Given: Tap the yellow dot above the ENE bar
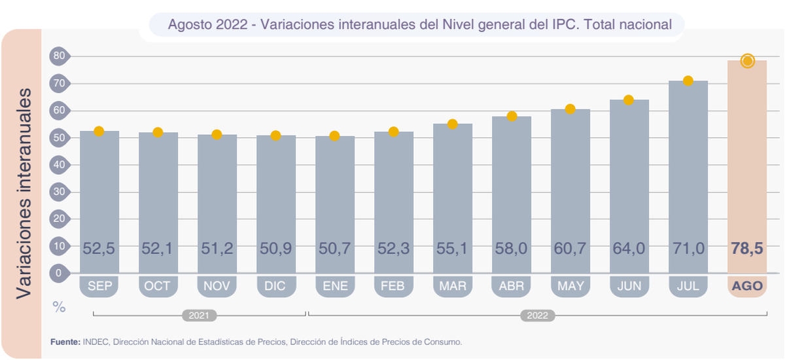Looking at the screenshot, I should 334,136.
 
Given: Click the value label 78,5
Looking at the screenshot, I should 747,249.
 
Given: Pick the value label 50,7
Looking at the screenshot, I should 334,249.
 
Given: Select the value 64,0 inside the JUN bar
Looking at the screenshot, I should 629,249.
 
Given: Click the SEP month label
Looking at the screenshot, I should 99,286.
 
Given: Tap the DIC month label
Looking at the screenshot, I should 275,286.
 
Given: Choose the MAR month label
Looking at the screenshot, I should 452,286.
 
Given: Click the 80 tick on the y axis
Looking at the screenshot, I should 59,56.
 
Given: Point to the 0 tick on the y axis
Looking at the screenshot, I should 59,274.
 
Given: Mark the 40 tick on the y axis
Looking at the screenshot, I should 59,165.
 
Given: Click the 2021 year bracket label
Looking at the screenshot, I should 198,315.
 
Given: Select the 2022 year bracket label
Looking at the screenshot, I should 538,315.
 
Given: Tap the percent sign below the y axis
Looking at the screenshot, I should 59,308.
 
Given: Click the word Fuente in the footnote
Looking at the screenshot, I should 65,342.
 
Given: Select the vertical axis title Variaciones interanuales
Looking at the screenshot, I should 24,193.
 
